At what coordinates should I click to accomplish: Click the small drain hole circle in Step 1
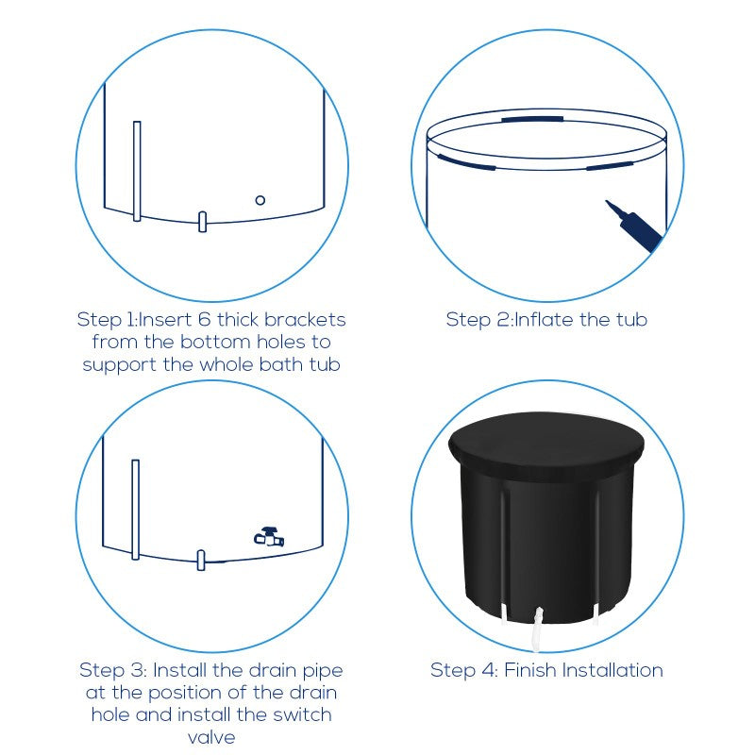(260, 200)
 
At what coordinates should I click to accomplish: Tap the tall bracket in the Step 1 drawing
(137, 171)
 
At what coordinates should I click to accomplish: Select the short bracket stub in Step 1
(202, 222)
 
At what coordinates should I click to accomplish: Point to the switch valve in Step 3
(269, 537)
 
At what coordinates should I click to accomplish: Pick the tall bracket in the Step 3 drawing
(135, 510)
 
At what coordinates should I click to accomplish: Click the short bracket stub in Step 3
(201, 560)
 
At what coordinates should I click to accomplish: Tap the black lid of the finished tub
(546, 445)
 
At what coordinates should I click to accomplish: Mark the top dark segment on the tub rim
(532, 119)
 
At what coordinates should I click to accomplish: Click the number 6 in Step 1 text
(204, 320)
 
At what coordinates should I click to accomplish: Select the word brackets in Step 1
(305, 320)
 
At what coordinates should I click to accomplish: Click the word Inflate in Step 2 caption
(545, 320)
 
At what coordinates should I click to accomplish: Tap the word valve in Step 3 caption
(211, 737)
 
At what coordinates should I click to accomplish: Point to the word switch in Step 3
(302, 714)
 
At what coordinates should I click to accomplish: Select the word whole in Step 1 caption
(226, 364)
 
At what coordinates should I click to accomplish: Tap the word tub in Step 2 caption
(631, 320)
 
